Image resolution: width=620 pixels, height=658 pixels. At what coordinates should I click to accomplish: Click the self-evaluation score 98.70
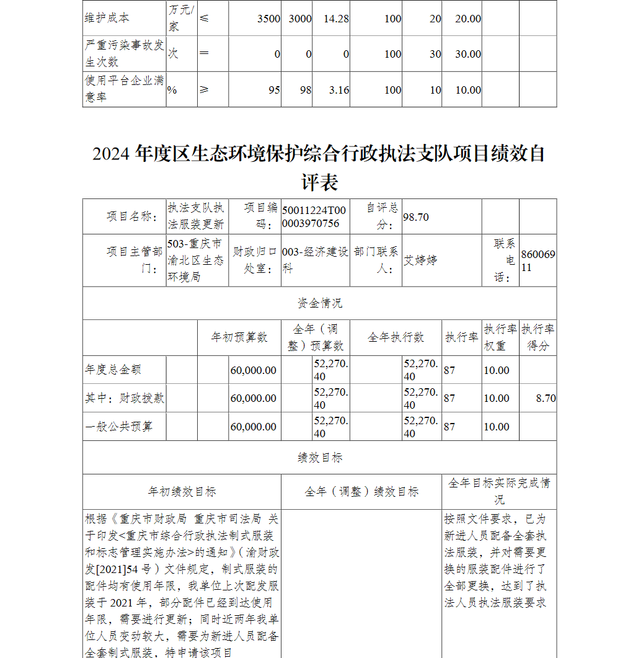[416, 217]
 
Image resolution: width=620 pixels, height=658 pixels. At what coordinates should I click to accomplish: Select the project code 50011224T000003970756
[314, 217]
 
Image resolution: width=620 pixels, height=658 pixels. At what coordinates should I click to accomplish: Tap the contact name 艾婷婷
[420, 260]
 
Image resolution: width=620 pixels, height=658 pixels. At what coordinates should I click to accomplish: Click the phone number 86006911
[538, 260]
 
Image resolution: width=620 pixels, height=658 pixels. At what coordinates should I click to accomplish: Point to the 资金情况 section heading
[319, 303]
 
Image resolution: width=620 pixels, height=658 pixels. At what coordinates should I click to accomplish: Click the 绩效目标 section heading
[319, 458]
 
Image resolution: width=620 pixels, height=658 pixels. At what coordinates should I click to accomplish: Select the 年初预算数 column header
[239, 337]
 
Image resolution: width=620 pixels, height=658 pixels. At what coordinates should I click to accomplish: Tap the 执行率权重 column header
[500, 337]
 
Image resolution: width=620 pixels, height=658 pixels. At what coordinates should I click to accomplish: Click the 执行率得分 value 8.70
[546, 398]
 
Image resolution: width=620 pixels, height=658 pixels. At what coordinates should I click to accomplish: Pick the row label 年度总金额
[113, 370]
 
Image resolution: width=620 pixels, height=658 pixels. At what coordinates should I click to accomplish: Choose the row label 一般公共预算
[118, 427]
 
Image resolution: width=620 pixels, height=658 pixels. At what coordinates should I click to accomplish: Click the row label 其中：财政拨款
[125, 398]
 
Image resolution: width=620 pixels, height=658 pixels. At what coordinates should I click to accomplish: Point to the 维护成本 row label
[107, 19]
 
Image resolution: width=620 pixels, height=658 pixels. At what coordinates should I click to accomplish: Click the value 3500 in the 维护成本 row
[268, 19]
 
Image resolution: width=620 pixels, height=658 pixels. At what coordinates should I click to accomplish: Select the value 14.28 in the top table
[336, 19]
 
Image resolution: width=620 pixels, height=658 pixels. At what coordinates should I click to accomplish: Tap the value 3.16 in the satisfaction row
[339, 90]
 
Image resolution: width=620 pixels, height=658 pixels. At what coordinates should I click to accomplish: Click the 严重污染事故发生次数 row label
[124, 54]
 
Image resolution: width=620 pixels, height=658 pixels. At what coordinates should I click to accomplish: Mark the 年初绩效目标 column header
[182, 492]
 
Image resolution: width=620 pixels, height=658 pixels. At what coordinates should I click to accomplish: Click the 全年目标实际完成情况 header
[499, 491]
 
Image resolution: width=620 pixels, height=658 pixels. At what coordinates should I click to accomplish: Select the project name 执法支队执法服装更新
[196, 216]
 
